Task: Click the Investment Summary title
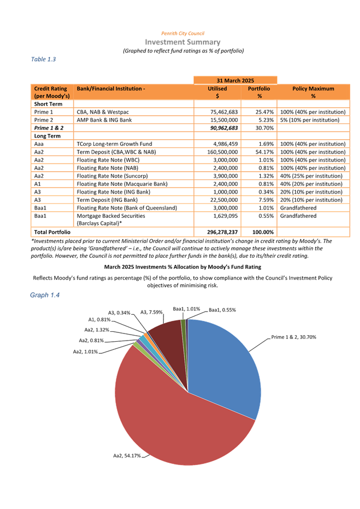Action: point(183,42)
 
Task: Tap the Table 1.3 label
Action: point(44,59)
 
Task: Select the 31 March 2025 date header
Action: point(235,80)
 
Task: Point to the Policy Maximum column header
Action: point(313,92)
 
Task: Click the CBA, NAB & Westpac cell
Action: point(104,111)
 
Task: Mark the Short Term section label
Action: point(48,104)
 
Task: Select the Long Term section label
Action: point(47,135)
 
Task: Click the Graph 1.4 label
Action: point(44,296)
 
